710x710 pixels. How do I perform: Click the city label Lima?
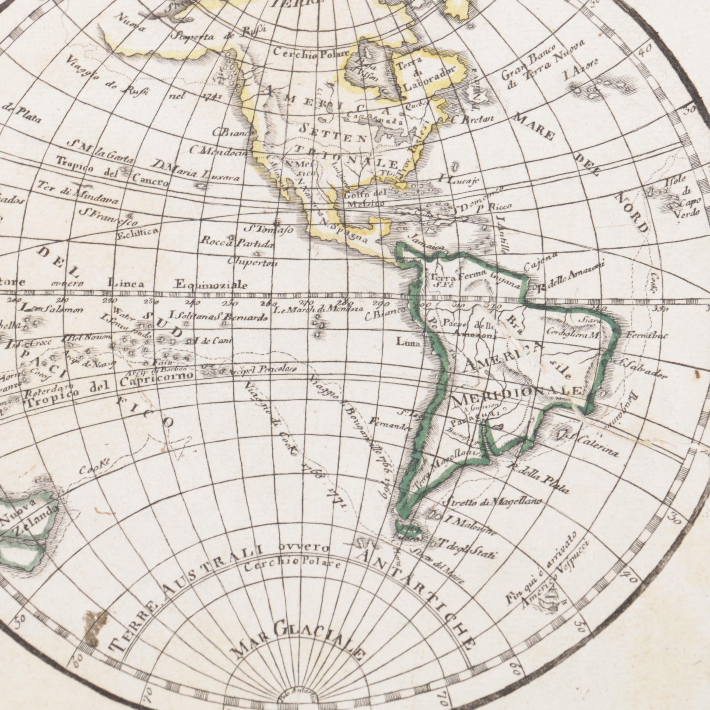click(x=408, y=342)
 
